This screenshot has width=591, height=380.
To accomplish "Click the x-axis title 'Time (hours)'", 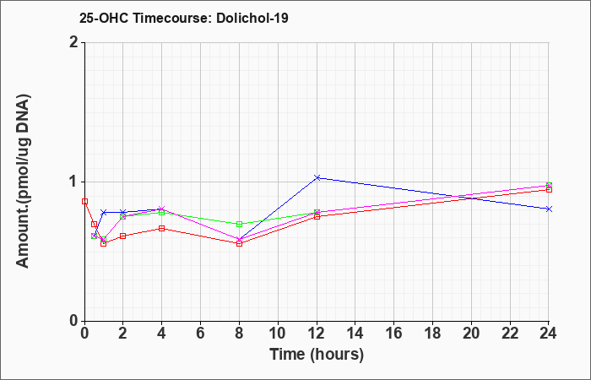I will point(317,354).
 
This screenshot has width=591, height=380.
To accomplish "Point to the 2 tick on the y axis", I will point(74,42).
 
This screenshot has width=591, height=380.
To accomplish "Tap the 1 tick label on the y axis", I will point(74,182).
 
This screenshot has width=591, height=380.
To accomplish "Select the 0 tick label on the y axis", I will point(74,321).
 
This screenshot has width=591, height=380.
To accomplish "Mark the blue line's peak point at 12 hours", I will point(317,177).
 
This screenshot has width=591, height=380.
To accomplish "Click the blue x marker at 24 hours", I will point(549,209).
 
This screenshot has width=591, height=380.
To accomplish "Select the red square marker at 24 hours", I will point(549,189).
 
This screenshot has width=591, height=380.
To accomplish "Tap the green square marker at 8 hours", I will point(239,224).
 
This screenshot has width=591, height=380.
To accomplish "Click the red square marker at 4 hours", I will point(161,228).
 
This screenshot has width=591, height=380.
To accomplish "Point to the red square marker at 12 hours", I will point(317,216).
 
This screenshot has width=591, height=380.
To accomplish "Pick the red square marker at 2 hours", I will point(122,236).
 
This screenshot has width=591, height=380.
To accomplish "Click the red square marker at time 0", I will point(84,201).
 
